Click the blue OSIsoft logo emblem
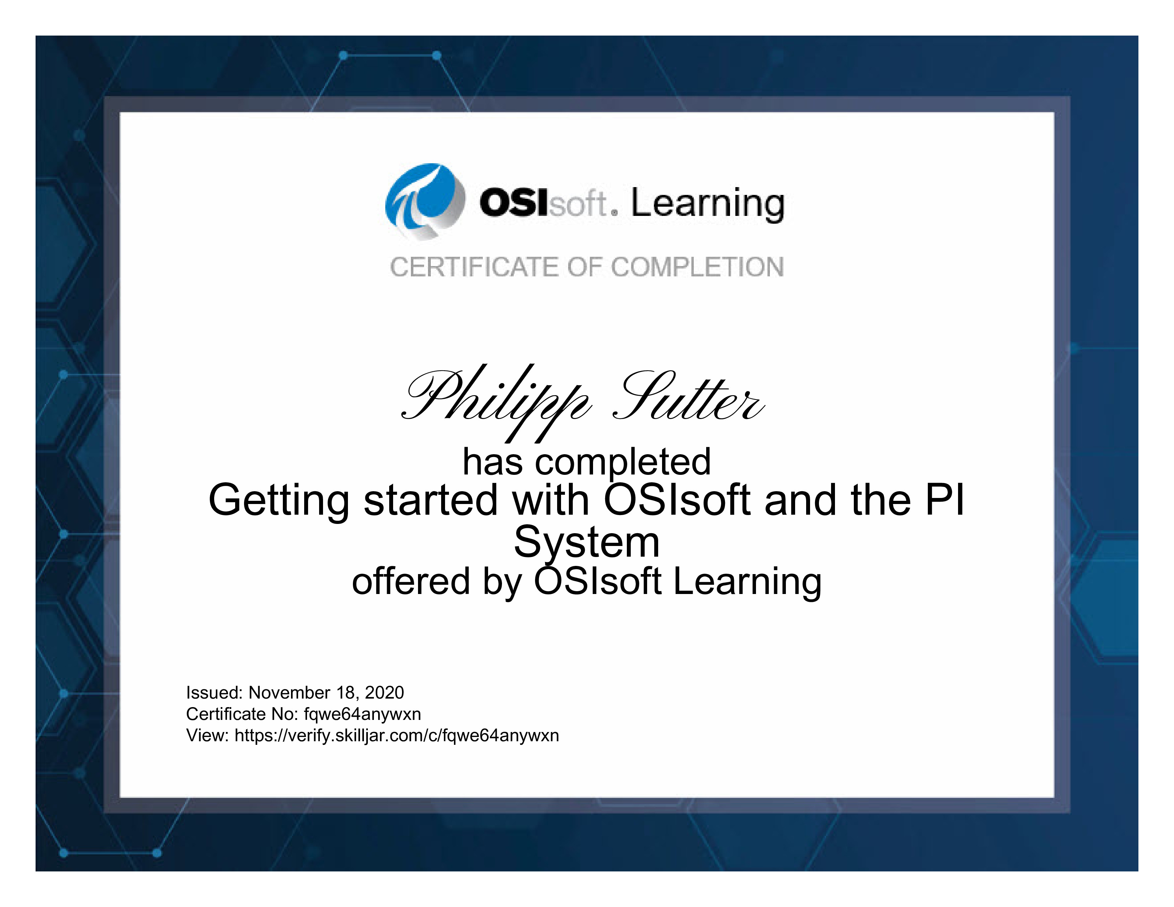click(425, 201)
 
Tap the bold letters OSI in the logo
click(514, 203)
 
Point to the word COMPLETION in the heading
click(697, 267)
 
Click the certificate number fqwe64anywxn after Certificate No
click(362, 715)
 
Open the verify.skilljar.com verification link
click(397, 736)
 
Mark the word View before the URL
click(207, 736)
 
